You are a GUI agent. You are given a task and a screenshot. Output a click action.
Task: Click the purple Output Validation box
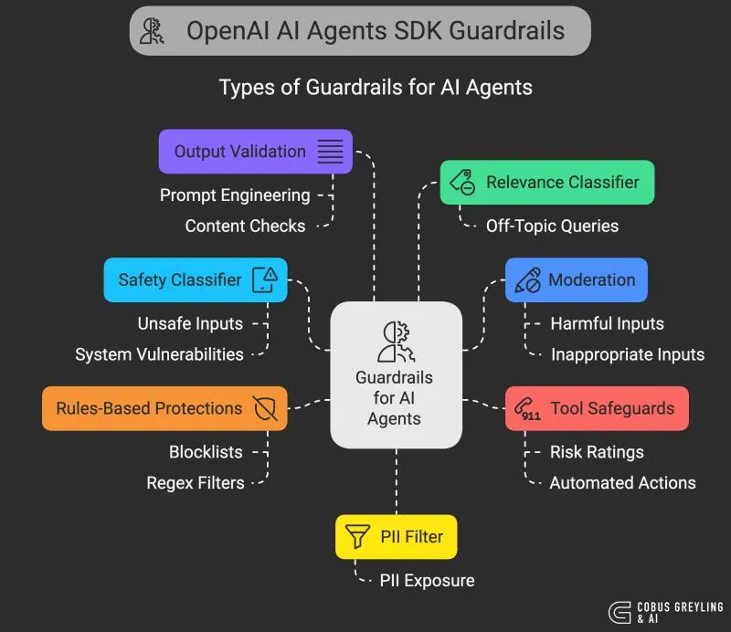255,152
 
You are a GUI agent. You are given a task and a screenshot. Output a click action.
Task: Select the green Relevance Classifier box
546,182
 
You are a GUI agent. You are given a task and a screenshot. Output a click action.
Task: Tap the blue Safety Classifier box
196,279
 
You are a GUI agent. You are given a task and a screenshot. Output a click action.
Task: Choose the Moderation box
576,279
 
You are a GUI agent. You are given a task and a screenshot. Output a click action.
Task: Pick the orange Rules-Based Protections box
164,408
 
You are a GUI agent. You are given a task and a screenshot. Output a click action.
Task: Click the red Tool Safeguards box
596,408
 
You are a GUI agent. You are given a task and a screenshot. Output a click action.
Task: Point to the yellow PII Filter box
396,536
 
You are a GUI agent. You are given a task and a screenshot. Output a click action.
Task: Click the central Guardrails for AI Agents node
395,374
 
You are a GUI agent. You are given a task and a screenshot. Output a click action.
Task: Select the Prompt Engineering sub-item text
235,195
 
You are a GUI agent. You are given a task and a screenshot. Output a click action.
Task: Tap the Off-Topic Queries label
552,226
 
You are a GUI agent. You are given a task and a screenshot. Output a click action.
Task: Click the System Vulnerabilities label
159,354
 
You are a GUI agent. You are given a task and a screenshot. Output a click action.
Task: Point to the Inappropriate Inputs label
627,354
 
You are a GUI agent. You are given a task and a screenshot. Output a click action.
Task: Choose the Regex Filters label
196,483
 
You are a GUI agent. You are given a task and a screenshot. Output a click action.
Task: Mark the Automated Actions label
622,483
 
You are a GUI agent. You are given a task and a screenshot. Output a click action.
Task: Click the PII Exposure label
428,581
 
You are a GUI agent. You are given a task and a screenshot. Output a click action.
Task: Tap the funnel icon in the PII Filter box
352,536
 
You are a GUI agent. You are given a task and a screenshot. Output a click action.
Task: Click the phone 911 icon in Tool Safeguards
529,409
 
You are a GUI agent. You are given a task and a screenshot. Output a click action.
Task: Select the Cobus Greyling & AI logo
665,613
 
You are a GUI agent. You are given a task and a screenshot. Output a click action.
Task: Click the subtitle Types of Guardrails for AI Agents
376,89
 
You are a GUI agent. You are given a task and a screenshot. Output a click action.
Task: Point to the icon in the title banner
152,31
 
